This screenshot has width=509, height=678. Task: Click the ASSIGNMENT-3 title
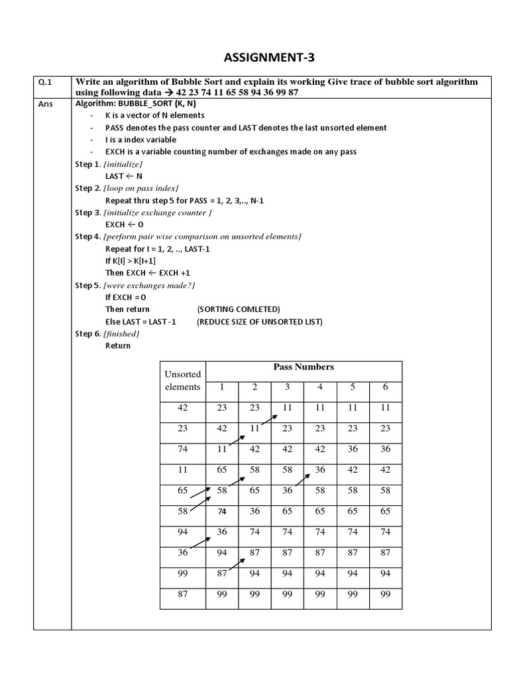(x=262, y=58)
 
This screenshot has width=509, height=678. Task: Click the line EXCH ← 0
(x=124, y=224)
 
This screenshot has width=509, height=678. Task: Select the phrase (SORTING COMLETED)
(x=239, y=309)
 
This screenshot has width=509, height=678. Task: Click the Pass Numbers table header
(x=304, y=367)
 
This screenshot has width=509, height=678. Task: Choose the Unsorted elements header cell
(x=182, y=381)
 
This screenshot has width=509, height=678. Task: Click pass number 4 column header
(x=320, y=387)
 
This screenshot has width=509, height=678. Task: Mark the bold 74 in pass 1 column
(x=222, y=512)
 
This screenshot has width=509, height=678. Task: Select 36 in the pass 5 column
(x=353, y=449)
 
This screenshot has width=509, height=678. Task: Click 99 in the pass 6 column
(x=385, y=595)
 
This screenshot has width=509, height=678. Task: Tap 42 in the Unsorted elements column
(x=183, y=408)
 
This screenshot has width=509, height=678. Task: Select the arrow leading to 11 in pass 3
(x=268, y=420)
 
